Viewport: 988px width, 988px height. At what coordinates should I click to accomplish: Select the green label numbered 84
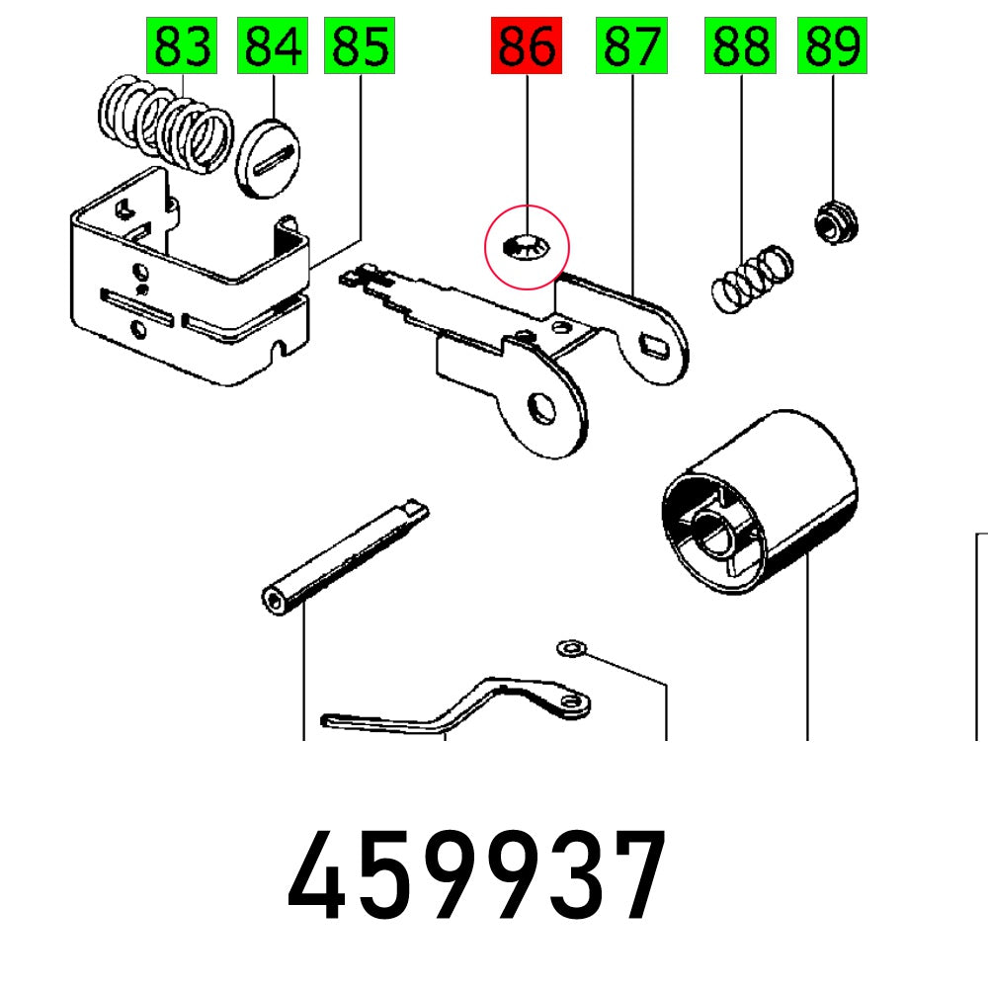272,45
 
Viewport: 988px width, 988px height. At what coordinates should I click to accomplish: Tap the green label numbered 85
360,45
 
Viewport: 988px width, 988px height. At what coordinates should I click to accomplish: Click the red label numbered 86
527,45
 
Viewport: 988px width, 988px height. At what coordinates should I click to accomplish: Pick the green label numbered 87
630,45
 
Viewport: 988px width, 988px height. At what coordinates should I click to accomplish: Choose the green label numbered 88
739,45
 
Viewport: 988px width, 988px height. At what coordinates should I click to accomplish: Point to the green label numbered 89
832,45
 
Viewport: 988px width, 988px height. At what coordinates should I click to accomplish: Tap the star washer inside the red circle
525,247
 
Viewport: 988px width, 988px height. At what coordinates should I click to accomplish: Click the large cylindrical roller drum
761,504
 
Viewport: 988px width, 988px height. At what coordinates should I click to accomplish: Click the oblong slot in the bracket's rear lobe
654,343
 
